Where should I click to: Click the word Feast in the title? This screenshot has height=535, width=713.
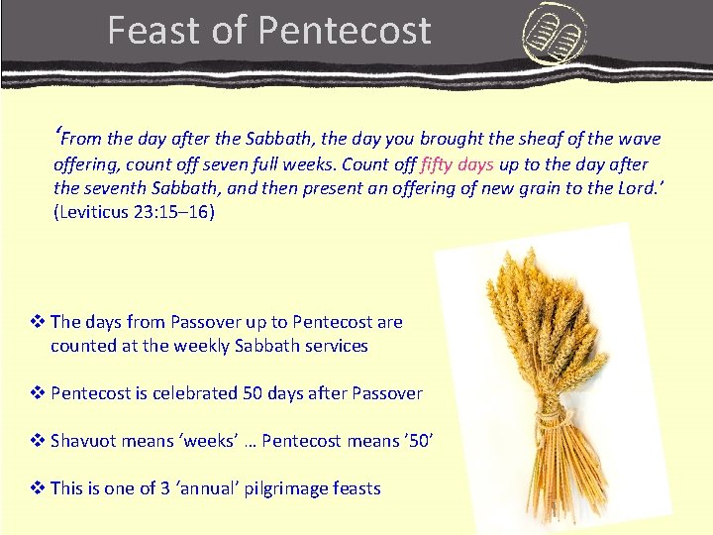point(156,30)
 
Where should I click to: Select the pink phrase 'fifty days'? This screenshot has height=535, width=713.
point(458,163)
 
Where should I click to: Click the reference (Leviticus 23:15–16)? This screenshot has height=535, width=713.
point(134,212)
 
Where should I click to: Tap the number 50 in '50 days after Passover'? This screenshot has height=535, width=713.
point(252,393)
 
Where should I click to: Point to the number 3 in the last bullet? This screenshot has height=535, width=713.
point(164,488)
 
